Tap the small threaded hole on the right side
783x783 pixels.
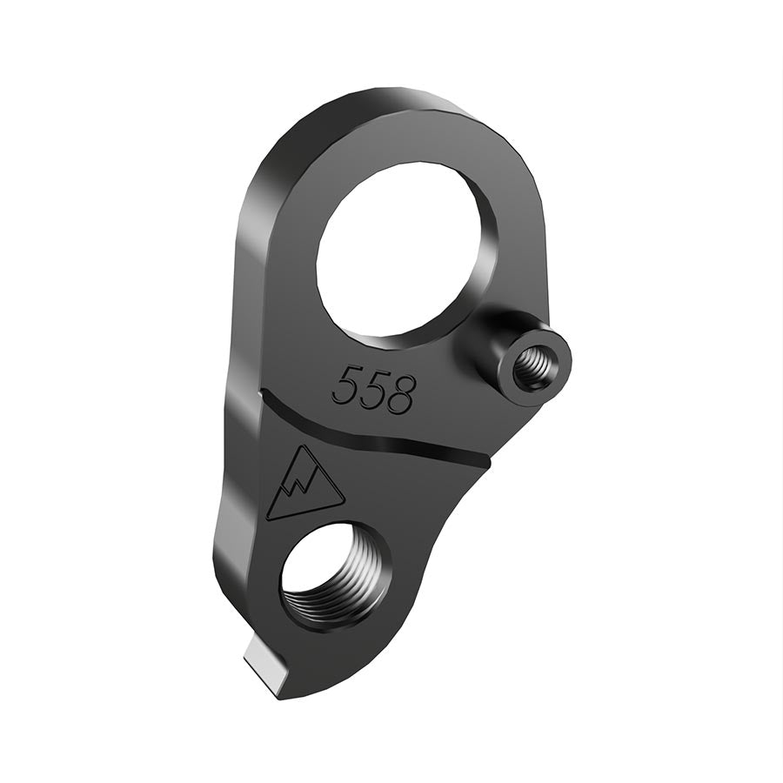(x=533, y=369)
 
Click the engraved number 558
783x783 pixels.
(x=374, y=390)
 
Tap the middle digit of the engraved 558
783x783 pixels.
(x=373, y=390)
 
